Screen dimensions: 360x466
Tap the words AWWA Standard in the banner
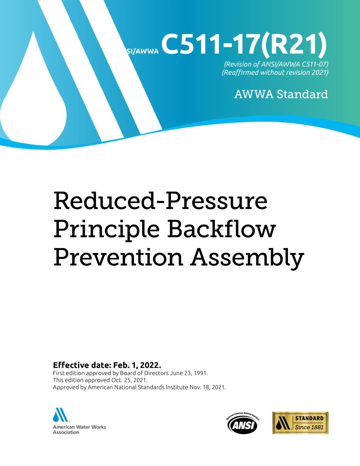tap(281, 94)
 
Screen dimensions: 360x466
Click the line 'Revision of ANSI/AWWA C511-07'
tap(276, 64)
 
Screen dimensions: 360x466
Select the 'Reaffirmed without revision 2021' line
tap(275, 72)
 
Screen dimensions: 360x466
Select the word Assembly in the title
tap(247, 258)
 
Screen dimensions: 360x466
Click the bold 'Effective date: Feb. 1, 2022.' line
tap(107, 365)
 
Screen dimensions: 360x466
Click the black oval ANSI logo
tap(243, 424)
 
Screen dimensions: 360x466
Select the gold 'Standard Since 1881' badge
tap(300, 423)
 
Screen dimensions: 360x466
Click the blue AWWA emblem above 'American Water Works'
tap(61, 415)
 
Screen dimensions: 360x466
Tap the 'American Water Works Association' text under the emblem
tap(79, 429)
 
